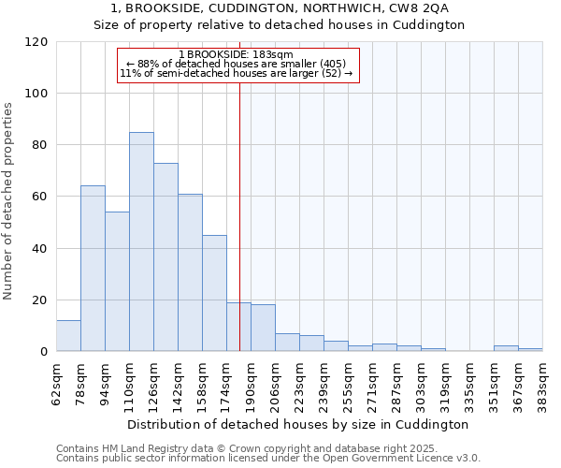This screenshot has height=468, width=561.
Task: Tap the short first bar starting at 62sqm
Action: pos(68,336)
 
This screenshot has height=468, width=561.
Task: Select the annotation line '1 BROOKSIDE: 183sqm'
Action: pos(236,55)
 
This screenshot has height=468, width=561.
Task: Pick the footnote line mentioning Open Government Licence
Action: pos(267,459)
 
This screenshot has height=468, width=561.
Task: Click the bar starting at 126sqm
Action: pos(165,257)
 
